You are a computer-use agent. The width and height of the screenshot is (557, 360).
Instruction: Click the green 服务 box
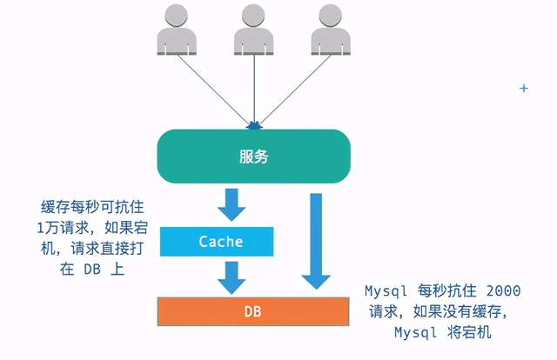tap(253, 157)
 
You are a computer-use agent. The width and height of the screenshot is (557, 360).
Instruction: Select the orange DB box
tap(254, 310)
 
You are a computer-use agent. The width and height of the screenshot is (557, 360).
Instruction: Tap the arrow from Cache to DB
tap(232, 276)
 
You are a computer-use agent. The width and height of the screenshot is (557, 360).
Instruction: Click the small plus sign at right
tap(524, 89)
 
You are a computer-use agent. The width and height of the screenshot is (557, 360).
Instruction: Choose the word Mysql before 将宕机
tap(413, 332)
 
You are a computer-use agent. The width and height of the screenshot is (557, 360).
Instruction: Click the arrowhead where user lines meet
tap(253, 125)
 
